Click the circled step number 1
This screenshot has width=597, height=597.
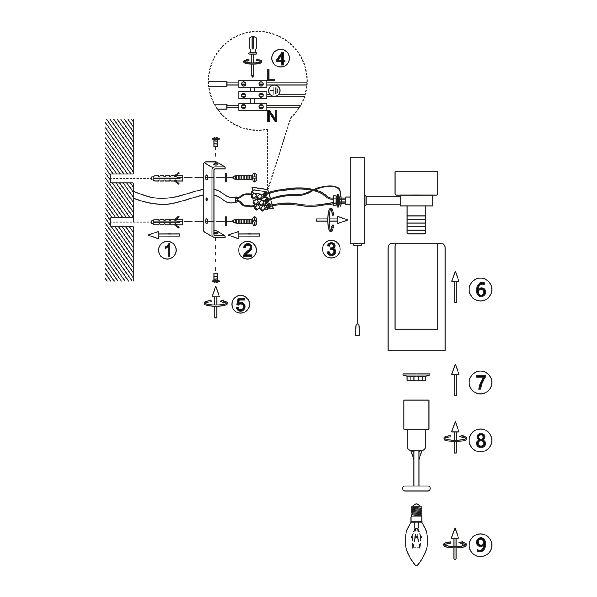[x=167, y=250]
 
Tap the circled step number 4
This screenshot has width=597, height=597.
[x=281, y=59]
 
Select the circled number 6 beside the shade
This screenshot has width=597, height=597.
[x=480, y=290]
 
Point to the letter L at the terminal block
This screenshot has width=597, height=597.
[x=270, y=75]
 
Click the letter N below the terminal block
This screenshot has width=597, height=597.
[x=272, y=117]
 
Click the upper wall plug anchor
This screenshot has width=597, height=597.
[x=167, y=179]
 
